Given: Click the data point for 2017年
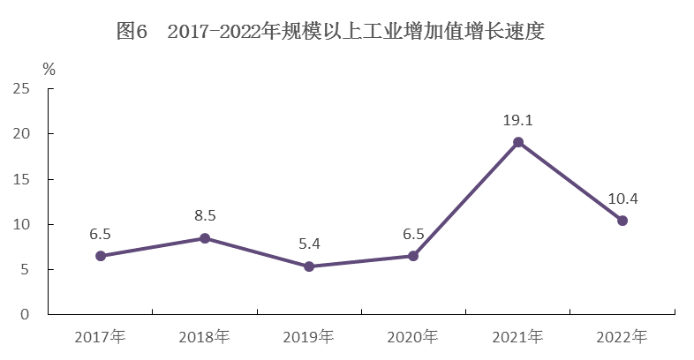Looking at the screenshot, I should (101, 256).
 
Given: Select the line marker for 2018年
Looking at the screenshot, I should (205, 238).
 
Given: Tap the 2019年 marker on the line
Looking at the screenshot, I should (309, 266).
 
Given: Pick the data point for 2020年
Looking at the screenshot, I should (413, 256).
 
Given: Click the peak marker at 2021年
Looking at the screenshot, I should (518, 142).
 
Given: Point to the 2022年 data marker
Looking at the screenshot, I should (622, 221).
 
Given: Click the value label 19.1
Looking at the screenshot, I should (518, 121).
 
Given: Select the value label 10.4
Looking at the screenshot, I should (622, 199).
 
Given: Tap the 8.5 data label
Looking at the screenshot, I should (205, 216).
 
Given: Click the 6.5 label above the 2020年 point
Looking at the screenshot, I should (413, 234).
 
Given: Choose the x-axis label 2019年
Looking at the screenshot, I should (309, 336).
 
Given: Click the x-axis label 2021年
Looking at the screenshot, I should (518, 336).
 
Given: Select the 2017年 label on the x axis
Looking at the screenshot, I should (101, 336).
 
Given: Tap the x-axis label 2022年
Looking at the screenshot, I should (622, 336).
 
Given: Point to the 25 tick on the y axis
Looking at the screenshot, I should (21, 89).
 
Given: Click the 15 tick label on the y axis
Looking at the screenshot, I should (21, 179).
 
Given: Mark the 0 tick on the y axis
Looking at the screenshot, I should (26, 314).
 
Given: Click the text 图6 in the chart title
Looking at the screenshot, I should (132, 33).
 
